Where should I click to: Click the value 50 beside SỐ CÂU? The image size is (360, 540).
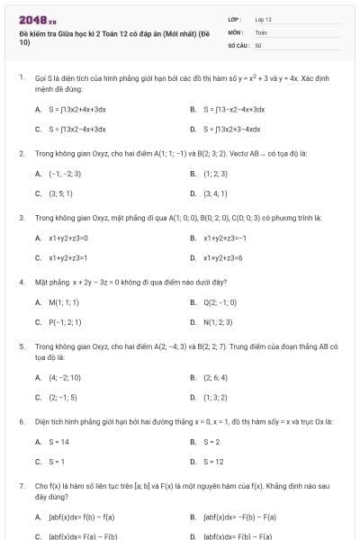click(258, 44)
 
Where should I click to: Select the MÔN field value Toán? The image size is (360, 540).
click(261, 31)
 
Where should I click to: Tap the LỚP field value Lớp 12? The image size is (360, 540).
click(263, 19)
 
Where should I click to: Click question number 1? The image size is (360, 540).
click(21, 78)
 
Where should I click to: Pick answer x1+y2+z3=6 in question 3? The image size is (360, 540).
click(223, 257)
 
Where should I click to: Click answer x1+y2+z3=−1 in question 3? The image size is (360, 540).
click(225, 238)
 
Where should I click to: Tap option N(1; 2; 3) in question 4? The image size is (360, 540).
click(218, 321)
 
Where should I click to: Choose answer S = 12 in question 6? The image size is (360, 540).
click(213, 461)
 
